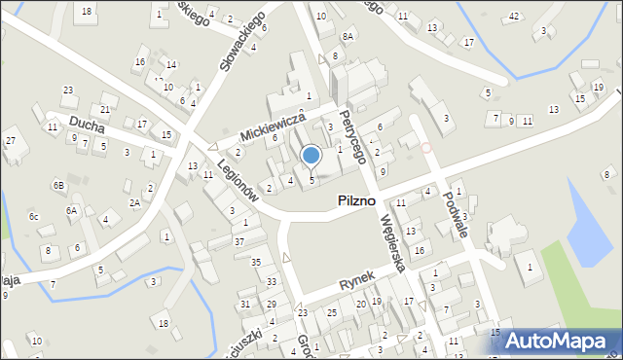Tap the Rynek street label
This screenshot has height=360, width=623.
point(356,281)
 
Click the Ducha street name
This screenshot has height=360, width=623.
point(87,123)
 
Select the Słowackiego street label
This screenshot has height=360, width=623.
point(241,44)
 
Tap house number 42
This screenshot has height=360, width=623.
point(514,17)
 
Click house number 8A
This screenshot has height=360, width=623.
point(348,36)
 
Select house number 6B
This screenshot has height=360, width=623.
point(58,185)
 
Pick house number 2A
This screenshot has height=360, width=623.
point(135,202)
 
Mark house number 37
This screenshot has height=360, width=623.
point(239,240)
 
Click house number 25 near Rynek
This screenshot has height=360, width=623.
point(332,312)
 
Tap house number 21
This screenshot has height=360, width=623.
point(105,109)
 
